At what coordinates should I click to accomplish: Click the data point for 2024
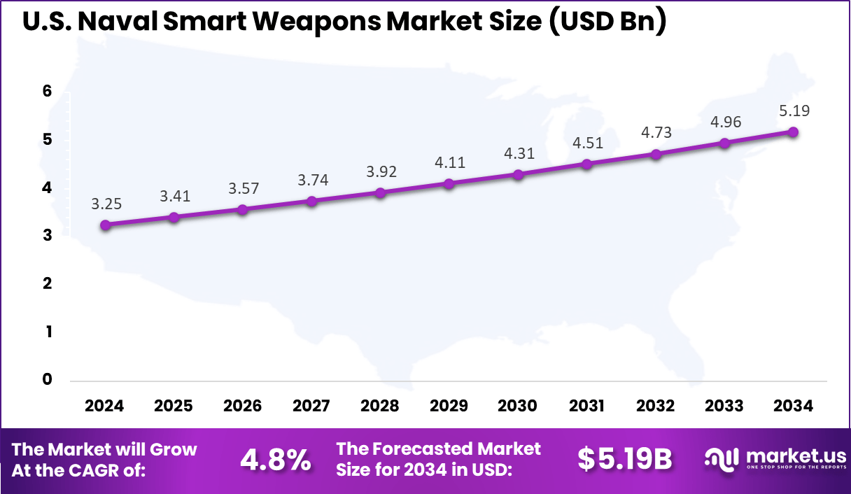106,225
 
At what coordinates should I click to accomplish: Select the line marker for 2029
449,184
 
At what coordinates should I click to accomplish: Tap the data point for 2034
793,132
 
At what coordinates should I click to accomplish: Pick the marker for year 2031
586,164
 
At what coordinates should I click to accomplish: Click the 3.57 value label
243,188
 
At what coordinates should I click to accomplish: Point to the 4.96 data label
724,122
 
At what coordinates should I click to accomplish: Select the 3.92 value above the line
380,171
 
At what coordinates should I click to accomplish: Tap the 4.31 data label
518,153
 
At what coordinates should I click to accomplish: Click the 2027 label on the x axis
311,407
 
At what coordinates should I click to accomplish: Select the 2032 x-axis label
655,407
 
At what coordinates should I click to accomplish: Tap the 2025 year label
174,407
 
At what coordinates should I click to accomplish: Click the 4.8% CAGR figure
276,460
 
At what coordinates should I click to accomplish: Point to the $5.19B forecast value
624,460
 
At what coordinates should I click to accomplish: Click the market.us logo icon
721,459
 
